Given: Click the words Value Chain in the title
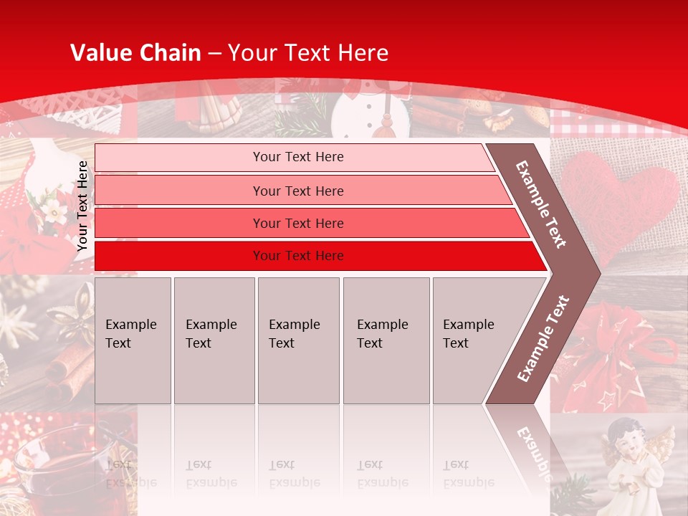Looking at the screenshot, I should tap(135, 53).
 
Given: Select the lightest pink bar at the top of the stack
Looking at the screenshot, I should tap(297, 157).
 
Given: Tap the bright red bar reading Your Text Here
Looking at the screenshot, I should tap(297, 256).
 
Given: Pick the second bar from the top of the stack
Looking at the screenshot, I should tap(297, 191).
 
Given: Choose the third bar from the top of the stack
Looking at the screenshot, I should tap(297, 223).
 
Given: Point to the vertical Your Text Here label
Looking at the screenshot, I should tap(82, 206).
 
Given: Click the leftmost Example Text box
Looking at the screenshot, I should tap(133, 340).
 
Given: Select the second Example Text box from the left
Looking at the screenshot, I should tap(214, 340).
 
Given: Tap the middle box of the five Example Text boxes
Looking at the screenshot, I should tap(298, 340).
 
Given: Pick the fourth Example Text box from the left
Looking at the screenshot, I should tap(386, 340).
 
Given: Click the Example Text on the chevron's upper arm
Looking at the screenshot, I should tap(541, 204).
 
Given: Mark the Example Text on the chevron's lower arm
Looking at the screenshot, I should tap(543, 338).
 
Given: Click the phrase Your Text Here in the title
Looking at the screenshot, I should tap(308, 53).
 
